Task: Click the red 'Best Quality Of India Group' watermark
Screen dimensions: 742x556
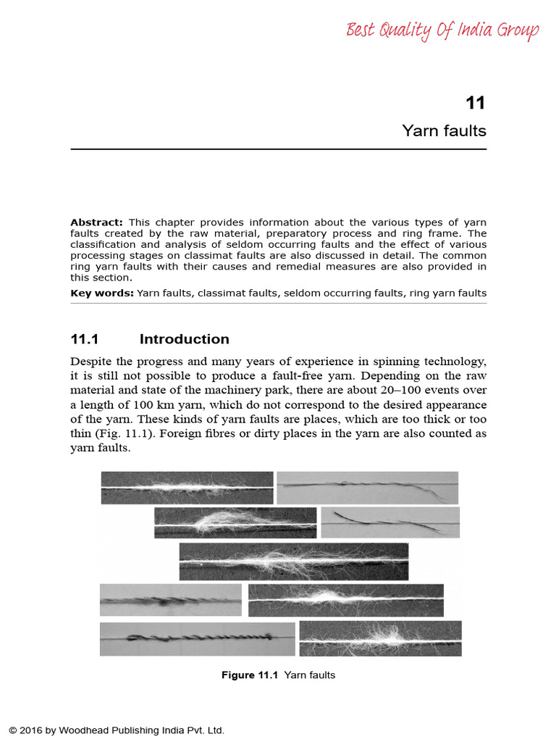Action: pyautogui.click(x=442, y=31)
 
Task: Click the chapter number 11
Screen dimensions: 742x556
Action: pyautogui.click(x=475, y=103)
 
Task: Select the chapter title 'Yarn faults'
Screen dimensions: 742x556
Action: pyautogui.click(x=444, y=131)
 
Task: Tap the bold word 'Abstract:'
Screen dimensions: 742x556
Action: pyautogui.click(x=96, y=222)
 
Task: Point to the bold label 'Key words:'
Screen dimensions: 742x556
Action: pyautogui.click(x=102, y=293)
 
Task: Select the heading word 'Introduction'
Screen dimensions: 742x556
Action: pyautogui.click(x=184, y=339)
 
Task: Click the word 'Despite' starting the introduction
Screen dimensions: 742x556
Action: pyautogui.click(x=90, y=361)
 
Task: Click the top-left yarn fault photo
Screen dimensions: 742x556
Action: pyautogui.click(x=187, y=488)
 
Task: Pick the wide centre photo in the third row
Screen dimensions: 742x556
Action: pyautogui.click(x=293, y=561)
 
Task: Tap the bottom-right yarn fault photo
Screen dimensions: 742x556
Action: pyautogui.click(x=380, y=638)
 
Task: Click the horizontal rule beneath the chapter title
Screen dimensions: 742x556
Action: pyautogui.click(x=278, y=149)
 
